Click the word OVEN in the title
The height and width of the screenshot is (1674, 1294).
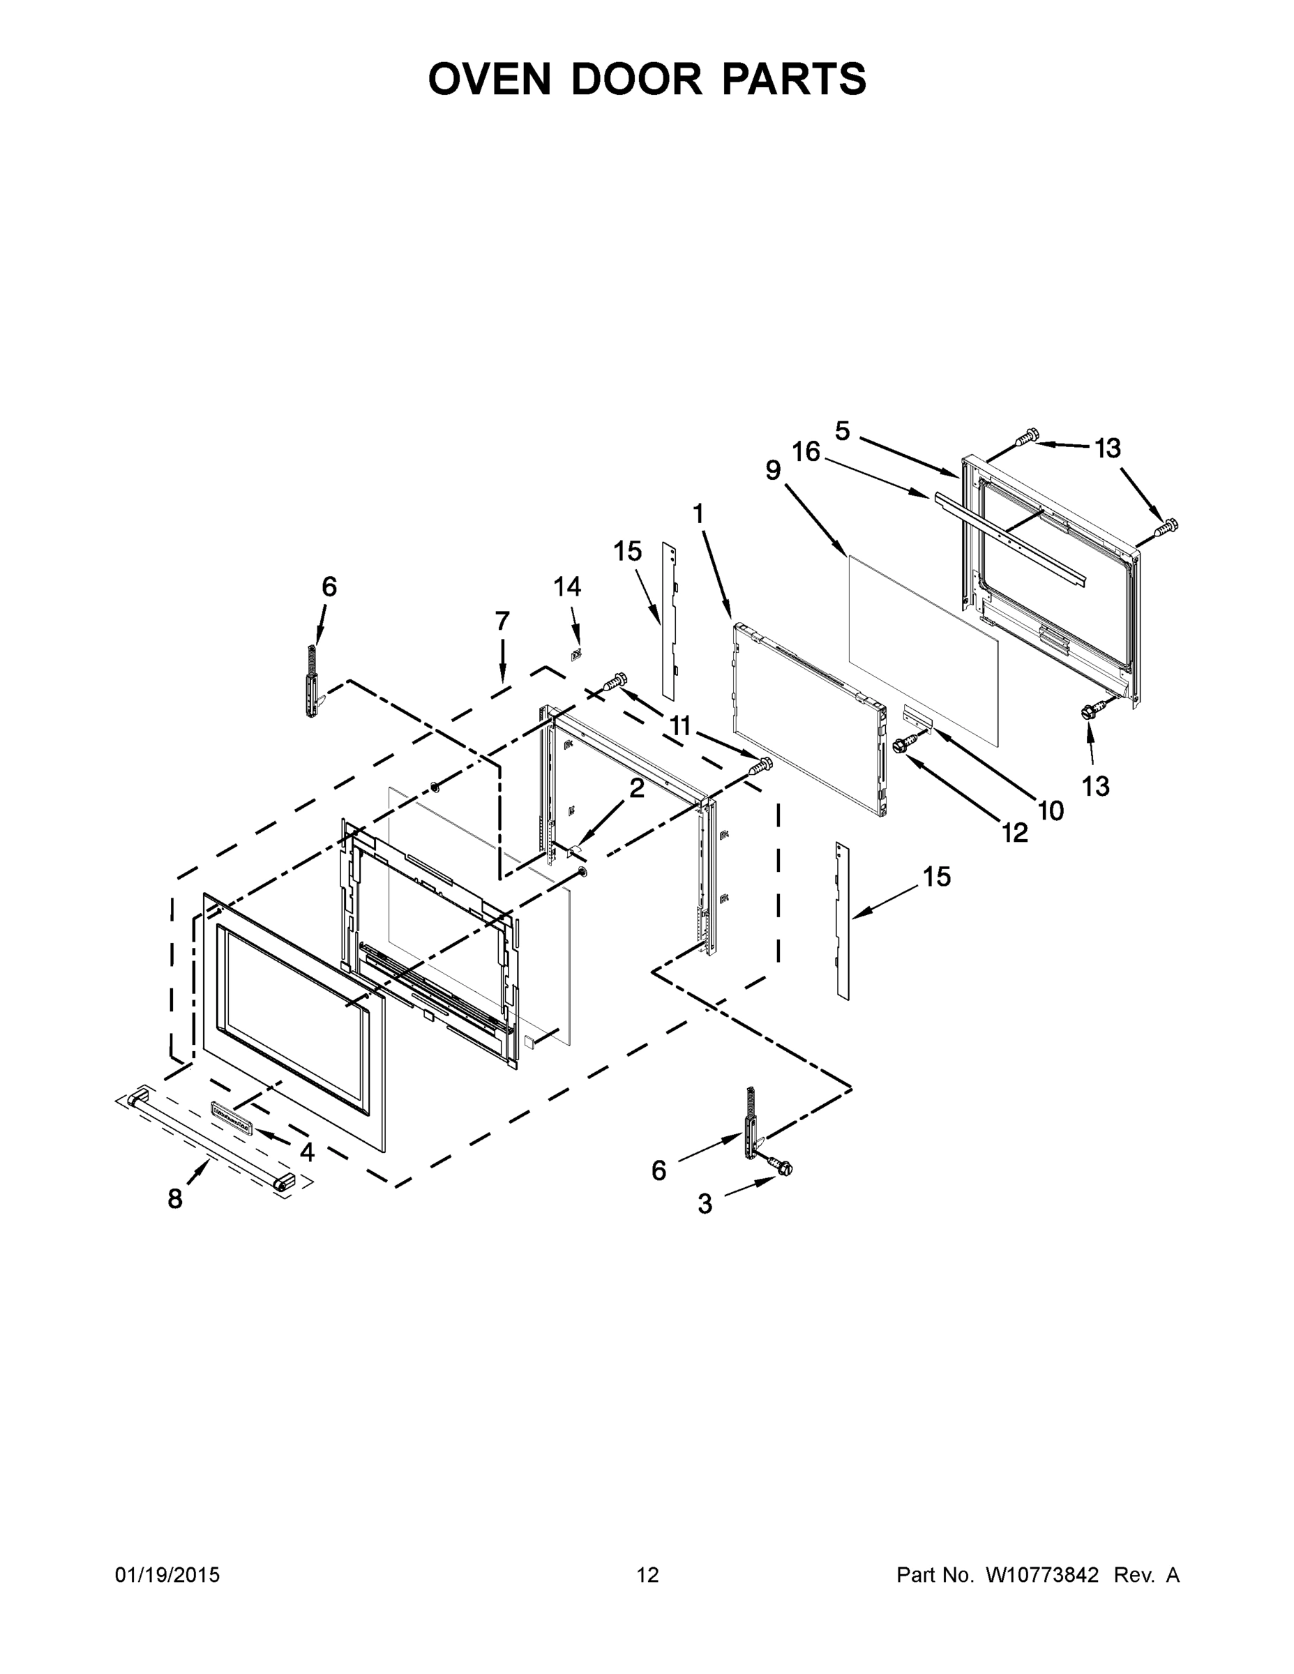pos(490,79)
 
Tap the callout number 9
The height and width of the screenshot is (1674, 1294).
pos(773,471)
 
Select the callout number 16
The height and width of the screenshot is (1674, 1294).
pos(806,452)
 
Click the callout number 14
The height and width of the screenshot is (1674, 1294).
pos(567,587)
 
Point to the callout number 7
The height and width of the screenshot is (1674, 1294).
pos(502,621)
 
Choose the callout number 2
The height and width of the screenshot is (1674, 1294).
pos(637,788)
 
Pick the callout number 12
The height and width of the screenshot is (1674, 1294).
pos(1015,832)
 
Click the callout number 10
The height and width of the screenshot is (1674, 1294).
pos(1051,810)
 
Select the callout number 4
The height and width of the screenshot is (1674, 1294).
pos(307,1152)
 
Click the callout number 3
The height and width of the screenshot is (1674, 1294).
pos(705,1204)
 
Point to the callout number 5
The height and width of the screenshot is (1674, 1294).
pos(843,431)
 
